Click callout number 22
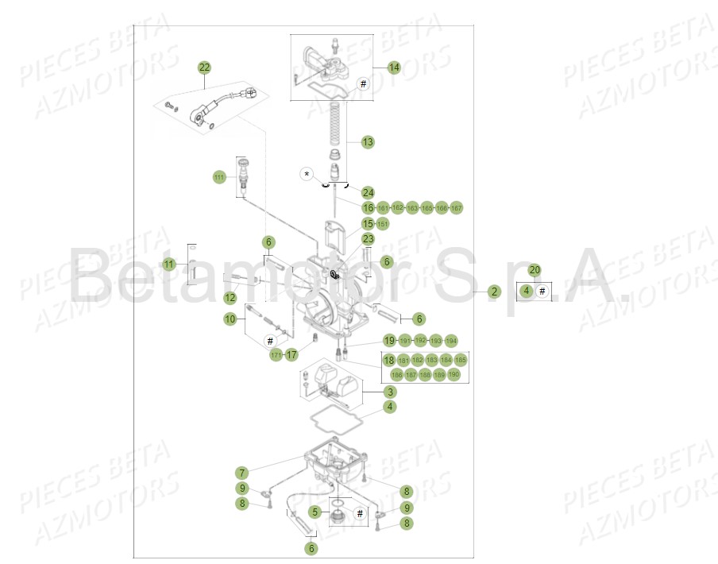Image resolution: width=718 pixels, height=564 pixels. pyautogui.click(x=204, y=68)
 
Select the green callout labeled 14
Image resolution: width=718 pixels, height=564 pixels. pyautogui.click(x=394, y=68)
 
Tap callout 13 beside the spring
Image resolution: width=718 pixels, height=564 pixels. pyautogui.click(x=368, y=142)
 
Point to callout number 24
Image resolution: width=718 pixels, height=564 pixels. pyautogui.click(x=368, y=192)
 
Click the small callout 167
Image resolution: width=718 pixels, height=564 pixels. pyautogui.click(x=456, y=208)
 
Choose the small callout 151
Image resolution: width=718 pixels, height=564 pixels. pyautogui.click(x=383, y=225)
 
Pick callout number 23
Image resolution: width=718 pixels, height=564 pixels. pyautogui.click(x=368, y=238)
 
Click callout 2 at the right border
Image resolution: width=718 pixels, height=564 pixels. pyautogui.click(x=494, y=292)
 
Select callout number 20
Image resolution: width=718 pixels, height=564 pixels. pyautogui.click(x=535, y=270)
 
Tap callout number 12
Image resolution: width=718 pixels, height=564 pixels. pyautogui.click(x=230, y=298)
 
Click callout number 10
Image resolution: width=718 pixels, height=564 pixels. pyautogui.click(x=230, y=319)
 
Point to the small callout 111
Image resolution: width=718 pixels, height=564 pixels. pyautogui.click(x=219, y=177)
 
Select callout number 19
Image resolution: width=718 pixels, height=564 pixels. pyautogui.click(x=389, y=340)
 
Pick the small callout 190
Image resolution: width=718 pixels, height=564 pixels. pyautogui.click(x=454, y=374)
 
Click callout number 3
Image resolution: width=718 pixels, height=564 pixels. pyautogui.click(x=390, y=392)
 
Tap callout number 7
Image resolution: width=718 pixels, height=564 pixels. pyautogui.click(x=242, y=473)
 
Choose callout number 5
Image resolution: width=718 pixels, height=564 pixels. pyautogui.click(x=315, y=512)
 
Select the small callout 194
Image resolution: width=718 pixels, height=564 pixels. pyautogui.click(x=451, y=341)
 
